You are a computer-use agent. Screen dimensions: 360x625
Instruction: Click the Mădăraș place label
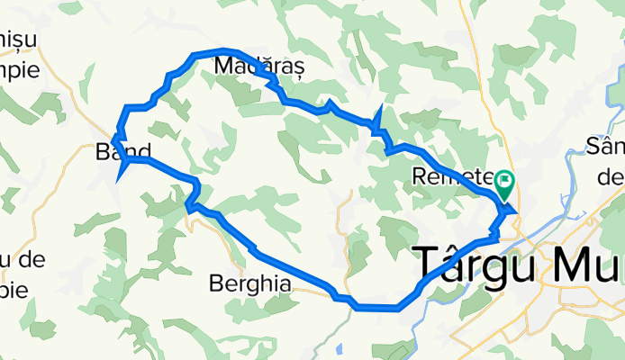click(x=259, y=66)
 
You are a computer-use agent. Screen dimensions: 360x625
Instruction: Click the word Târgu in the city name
click(x=470, y=265)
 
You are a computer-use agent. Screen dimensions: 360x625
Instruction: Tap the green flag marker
click(x=503, y=185)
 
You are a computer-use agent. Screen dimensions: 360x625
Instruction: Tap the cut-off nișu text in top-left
click(x=19, y=40)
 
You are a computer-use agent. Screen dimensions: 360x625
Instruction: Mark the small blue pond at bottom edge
click(x=339, y=352)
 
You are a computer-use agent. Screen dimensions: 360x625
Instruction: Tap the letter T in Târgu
click(x=427, y=265)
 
